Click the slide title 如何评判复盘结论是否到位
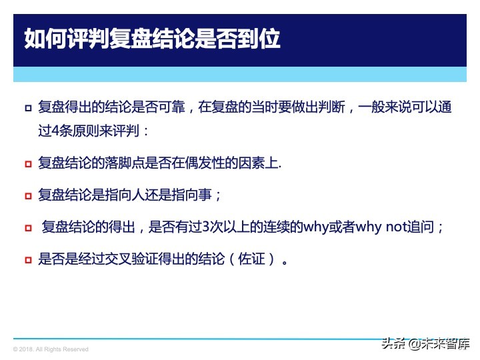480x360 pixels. click(x=152, y=38)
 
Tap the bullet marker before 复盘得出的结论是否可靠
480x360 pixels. click(x=28, y=108)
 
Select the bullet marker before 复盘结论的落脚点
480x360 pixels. click(x=28, y=163)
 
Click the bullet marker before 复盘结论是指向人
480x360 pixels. click(x=28, y=196)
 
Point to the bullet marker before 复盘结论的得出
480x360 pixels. click(x=28, y=228)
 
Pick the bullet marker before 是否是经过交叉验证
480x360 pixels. click(x=28, y=259)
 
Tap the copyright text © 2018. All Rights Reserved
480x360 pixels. click(x=51, y=349)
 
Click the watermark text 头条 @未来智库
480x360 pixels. click(x=425, y=344)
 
